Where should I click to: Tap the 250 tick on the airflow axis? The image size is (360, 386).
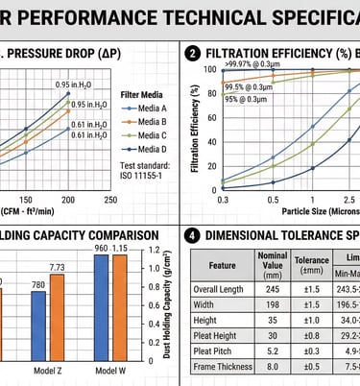pyautogui.click(x=111, y=199)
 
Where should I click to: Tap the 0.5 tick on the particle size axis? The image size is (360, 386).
pyautogui.click(x=273, y=200)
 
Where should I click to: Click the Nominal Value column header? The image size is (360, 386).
pyautogui.click(x=273, y=264)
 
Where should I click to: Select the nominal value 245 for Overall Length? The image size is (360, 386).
pyautogui.click(x=273, y=288)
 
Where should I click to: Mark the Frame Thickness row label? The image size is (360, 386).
pyautogui.click(x=222, y=366)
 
